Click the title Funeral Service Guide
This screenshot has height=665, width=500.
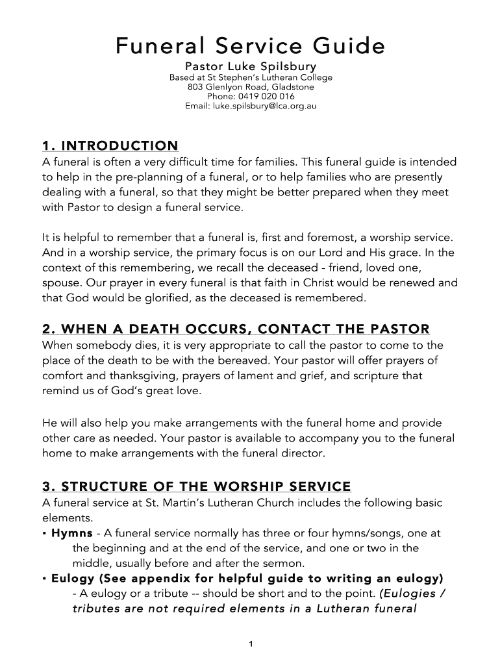[x=250, y=45]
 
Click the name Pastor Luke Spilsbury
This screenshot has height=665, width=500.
[x=250, y=67]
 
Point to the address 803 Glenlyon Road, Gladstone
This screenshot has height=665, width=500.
[x=250, y=87]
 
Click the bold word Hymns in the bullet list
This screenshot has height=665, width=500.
[x=71, y=533]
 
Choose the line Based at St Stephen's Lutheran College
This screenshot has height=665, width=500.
[x=250, y=77]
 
